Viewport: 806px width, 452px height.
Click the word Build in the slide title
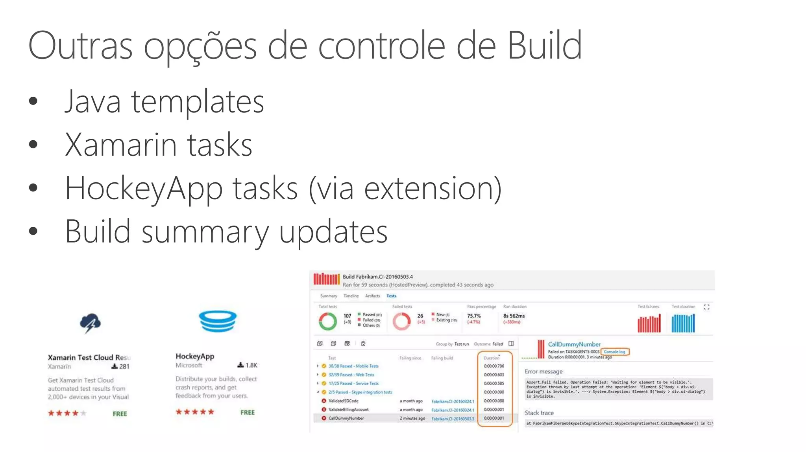point(544,46)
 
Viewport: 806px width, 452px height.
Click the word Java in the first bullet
point(92,102)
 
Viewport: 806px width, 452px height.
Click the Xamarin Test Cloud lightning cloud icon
point(90,323)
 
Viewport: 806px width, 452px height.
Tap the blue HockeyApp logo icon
point(218,321)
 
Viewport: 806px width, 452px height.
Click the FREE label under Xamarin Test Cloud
point(120,414)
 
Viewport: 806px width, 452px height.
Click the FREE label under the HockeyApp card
point(248,412)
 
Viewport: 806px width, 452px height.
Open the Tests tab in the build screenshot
point(391,296)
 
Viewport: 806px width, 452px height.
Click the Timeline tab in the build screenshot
point(351,296)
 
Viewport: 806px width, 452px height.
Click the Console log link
point(614,352)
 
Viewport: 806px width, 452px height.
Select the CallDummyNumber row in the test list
point(346,418)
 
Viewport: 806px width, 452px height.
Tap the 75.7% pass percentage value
point(474,316)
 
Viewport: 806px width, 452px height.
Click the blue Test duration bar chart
point(683,323)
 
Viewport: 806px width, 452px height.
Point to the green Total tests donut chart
point(328,321)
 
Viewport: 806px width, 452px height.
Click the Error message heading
point(543,371)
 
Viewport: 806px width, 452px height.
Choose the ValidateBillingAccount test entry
point(348,410)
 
